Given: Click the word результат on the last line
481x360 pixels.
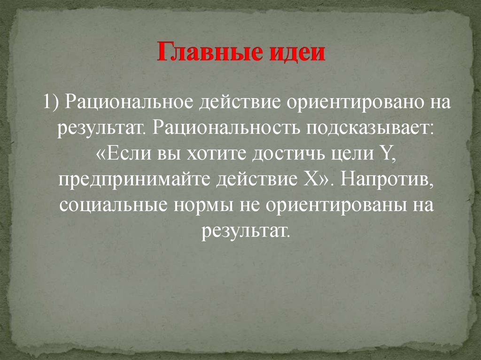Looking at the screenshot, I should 243,231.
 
